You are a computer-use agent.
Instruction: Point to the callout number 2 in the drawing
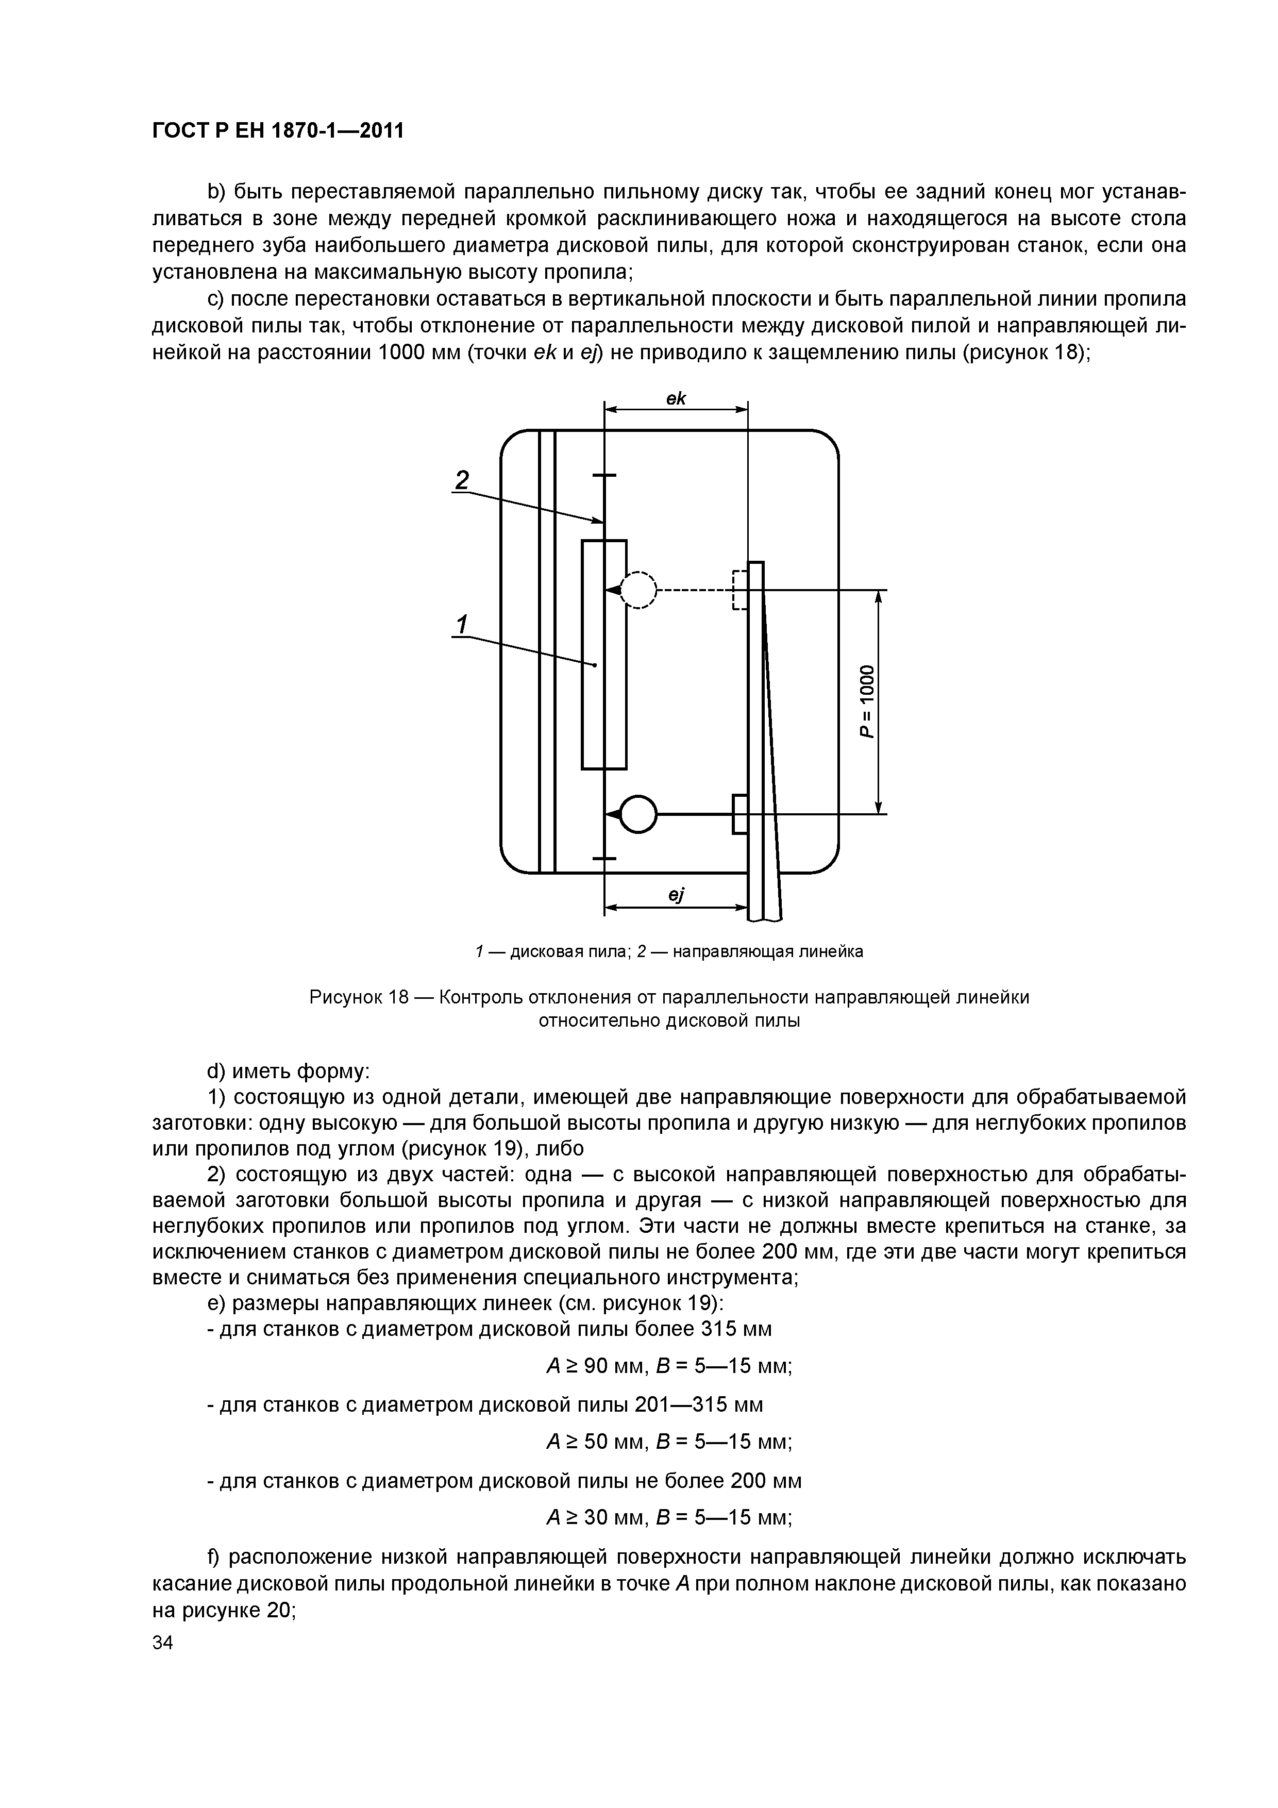coord(462,479)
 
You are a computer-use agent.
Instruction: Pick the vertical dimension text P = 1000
coord(866,701)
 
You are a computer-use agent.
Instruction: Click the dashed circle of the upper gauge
coord(638,590)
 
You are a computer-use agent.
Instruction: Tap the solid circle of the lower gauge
coord(638,813)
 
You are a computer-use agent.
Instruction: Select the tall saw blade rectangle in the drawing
coord(604,654)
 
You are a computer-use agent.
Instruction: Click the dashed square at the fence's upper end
coord(739,590)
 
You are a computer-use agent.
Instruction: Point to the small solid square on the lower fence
coord(740,813)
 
